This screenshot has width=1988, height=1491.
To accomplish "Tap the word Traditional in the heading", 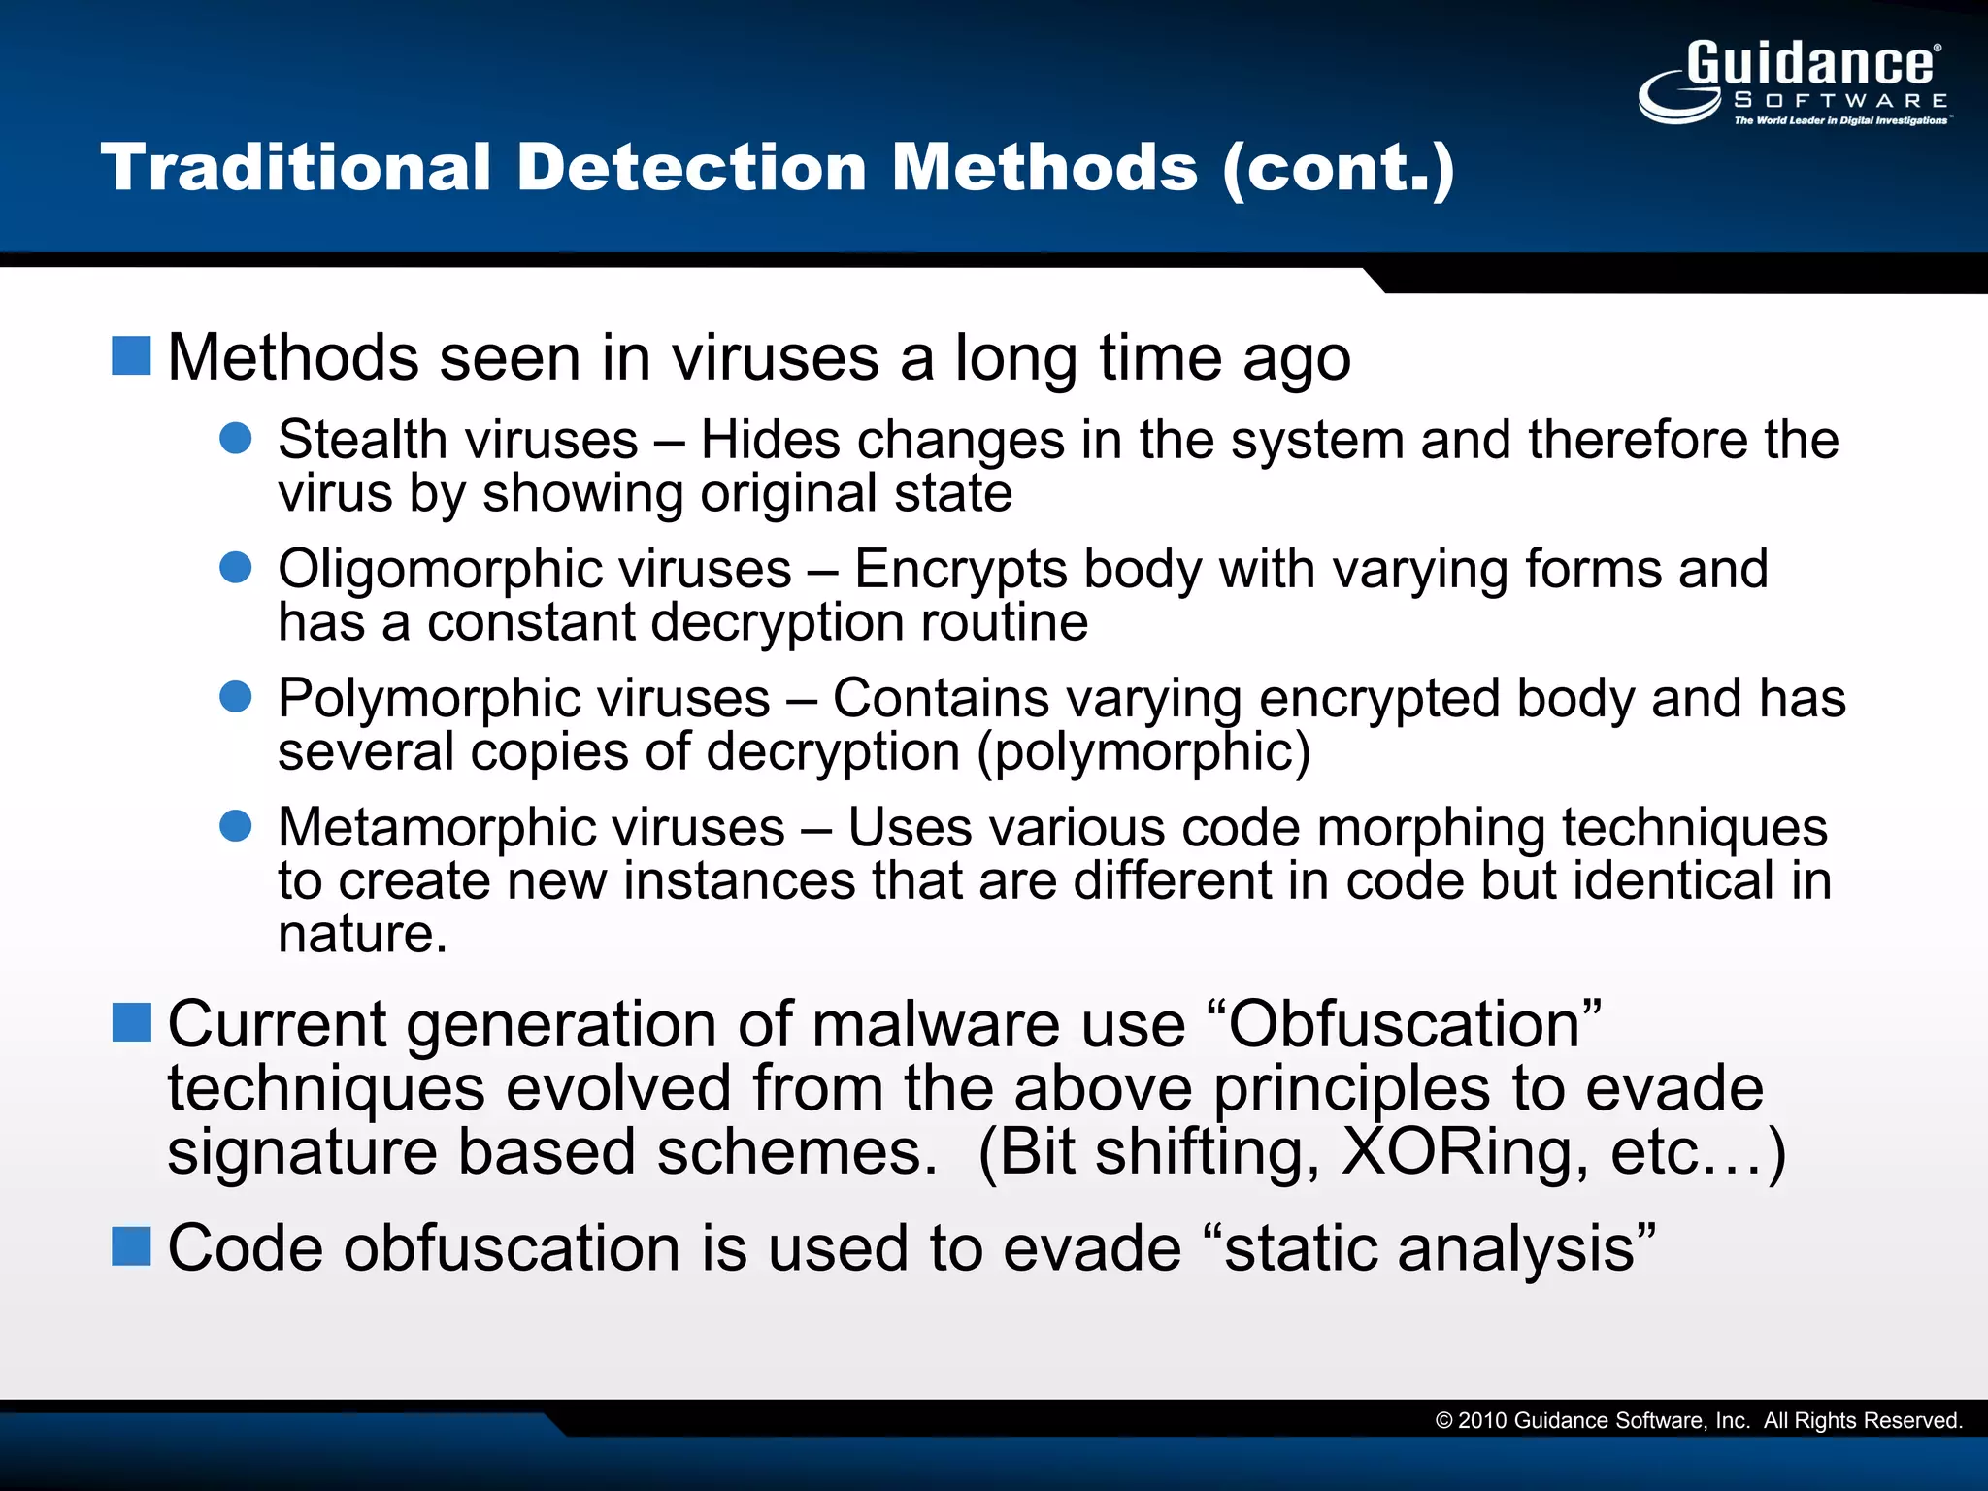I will point(296,167).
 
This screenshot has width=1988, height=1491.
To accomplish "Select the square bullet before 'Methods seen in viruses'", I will point(131,355).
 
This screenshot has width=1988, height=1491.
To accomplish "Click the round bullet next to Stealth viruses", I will point(236,438).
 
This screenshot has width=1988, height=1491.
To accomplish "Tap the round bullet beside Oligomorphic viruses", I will point(236,567).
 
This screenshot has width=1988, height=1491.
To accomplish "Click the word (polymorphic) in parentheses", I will point(1143,752).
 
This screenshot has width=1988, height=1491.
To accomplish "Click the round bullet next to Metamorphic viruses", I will point(236,826).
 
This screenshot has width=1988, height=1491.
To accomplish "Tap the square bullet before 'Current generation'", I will point(131,1022).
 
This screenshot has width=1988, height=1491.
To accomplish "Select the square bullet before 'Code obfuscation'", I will point(131,1246).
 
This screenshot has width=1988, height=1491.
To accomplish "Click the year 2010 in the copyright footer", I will point(1482,1421).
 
